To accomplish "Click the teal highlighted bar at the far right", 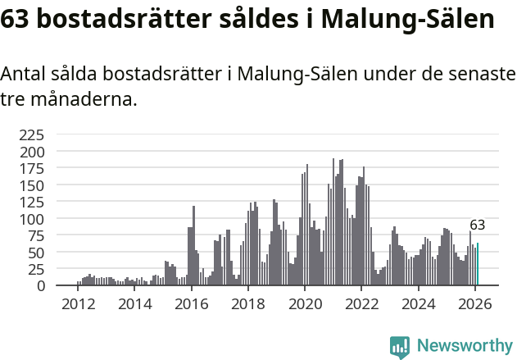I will pyautogui.click(x=478, y=265).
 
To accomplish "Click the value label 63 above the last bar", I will pyautogui.click(x=478, y=225).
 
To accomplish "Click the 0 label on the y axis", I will pyautogui.click(x=40, y=286).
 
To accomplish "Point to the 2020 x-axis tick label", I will pyautogui.click(x=305, y=304).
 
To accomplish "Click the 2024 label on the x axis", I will pyautogui.click(x=418, y=304).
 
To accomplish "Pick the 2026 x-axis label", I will pyautogui.click(x=474, y=304).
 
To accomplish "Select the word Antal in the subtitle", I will pyautogui.click(x=23, y=75).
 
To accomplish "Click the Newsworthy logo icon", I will pyautogui.click(x=400, y=347).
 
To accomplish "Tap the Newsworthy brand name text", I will pyautogui.click(x=464, y=347).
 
